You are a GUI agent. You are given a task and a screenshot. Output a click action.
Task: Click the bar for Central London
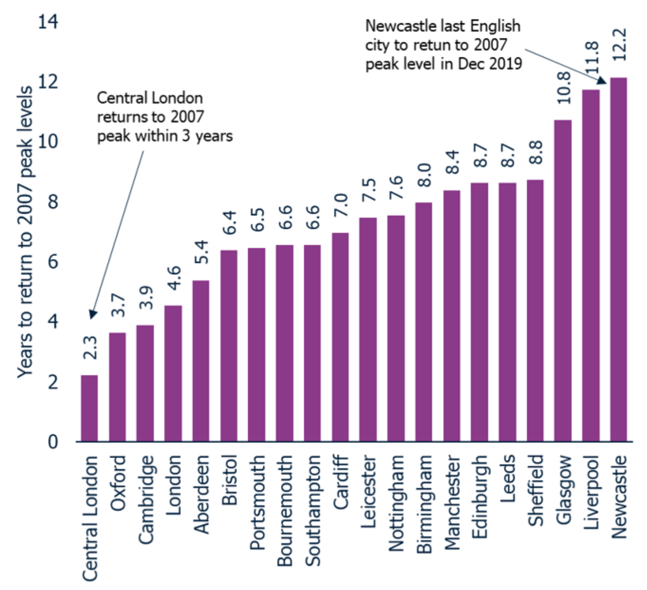[90, 408]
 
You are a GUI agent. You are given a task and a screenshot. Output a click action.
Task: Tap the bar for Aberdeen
[201, 361]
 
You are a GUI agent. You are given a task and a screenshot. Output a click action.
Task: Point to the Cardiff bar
[340, 337]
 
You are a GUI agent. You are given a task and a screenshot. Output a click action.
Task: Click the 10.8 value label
[564, 88]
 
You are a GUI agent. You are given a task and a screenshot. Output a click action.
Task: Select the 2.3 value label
[90, 347]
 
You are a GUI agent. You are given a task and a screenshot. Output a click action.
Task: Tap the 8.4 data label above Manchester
[452, 162]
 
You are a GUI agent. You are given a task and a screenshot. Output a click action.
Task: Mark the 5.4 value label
[201, 252]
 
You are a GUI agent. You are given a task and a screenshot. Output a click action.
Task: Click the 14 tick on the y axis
[47, 21]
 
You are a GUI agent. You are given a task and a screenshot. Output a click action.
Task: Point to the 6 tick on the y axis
[53, 261]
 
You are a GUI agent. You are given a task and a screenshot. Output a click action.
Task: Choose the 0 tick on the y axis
[53, 442]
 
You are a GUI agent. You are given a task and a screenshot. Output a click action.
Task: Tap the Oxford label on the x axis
[118, 483]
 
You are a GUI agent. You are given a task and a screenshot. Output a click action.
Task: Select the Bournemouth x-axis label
[285, 511]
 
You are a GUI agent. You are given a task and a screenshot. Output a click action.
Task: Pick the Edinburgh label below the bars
[479, 497]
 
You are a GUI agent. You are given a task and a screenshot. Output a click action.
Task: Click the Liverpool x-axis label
[591, 492]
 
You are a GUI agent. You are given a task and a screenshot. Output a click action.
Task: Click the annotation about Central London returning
[164, 117]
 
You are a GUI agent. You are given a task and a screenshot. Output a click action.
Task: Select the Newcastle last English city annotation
[443, 45]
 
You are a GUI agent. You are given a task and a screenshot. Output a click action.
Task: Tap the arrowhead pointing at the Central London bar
[92, 314]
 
